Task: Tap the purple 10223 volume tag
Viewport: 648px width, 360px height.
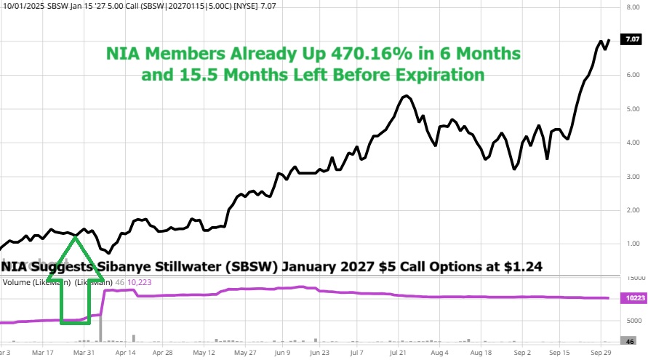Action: pos(630,298)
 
